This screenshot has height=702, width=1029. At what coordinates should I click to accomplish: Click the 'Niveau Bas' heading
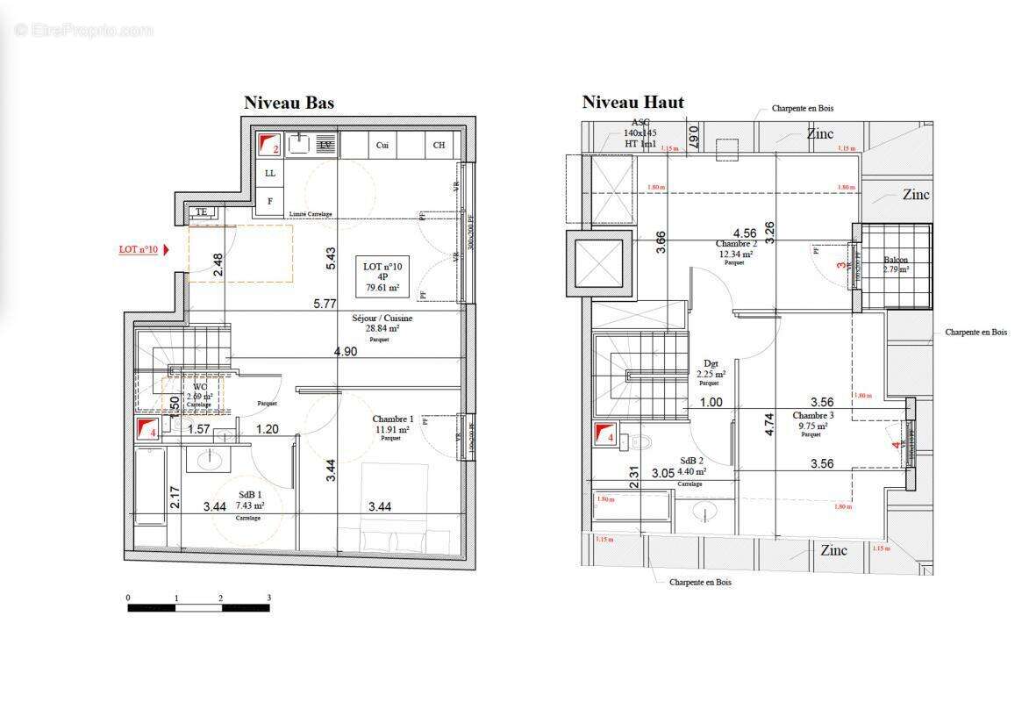pyautogui.click(x=289, y=104)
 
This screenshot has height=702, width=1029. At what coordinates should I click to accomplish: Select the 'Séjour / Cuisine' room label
pyautogui.click(x=382, y=318)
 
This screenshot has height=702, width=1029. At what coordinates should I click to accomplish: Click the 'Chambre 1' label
pyautogui.click(x=391, y=419)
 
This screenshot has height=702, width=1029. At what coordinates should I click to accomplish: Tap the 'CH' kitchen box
pyautogui.click(x=439, y=145)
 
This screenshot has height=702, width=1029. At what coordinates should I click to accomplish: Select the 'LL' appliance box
pyautogui.click(x=270, y=174)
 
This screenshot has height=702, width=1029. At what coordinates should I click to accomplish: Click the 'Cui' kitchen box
pyautogui.click(x=382, y=145)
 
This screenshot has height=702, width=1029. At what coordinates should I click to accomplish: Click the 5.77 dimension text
pyautogui.click(x=325, y=304)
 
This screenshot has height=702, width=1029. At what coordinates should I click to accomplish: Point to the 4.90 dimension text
pyautogui.click(x=345, y=352)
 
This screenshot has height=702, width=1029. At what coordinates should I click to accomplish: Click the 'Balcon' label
pyautogui.click(x=896, y=261)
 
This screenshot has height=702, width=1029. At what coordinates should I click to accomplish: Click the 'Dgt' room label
pyautogui.click(x=711, y=362)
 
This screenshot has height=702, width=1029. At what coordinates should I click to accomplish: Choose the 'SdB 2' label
pyautogui.click(x=691, y=461)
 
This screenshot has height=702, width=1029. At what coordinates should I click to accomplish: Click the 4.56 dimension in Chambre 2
pyautogui.click(x=745, y=233)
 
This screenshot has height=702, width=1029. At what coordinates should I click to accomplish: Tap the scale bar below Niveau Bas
pyautogui.click(x=198, y=606)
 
